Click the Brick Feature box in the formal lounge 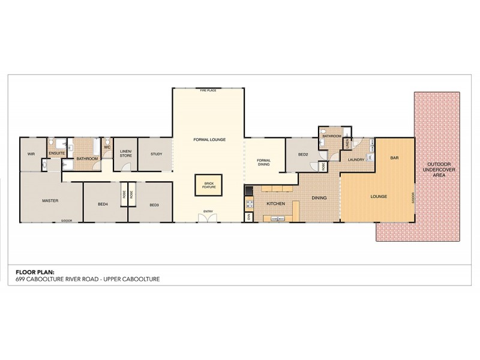[x=208, y=185]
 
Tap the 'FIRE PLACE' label [x=208, y=91]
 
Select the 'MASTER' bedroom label [x=50, y=200]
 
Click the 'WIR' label [x=31, y=154]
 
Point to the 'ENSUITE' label [x=57, y=154]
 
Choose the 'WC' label [x=107, y=146]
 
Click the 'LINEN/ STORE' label [x=125, y=154]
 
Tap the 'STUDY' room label [x=156, y=154]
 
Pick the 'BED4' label [x=103, y=204]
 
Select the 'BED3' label [x=154, y=204]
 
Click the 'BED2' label [x=303, y=154]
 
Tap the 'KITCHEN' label [x=275, y=204]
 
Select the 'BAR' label [x=394, y=158]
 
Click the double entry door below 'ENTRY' [x=208, y=219]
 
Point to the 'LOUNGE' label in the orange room [x=379, y=197]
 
